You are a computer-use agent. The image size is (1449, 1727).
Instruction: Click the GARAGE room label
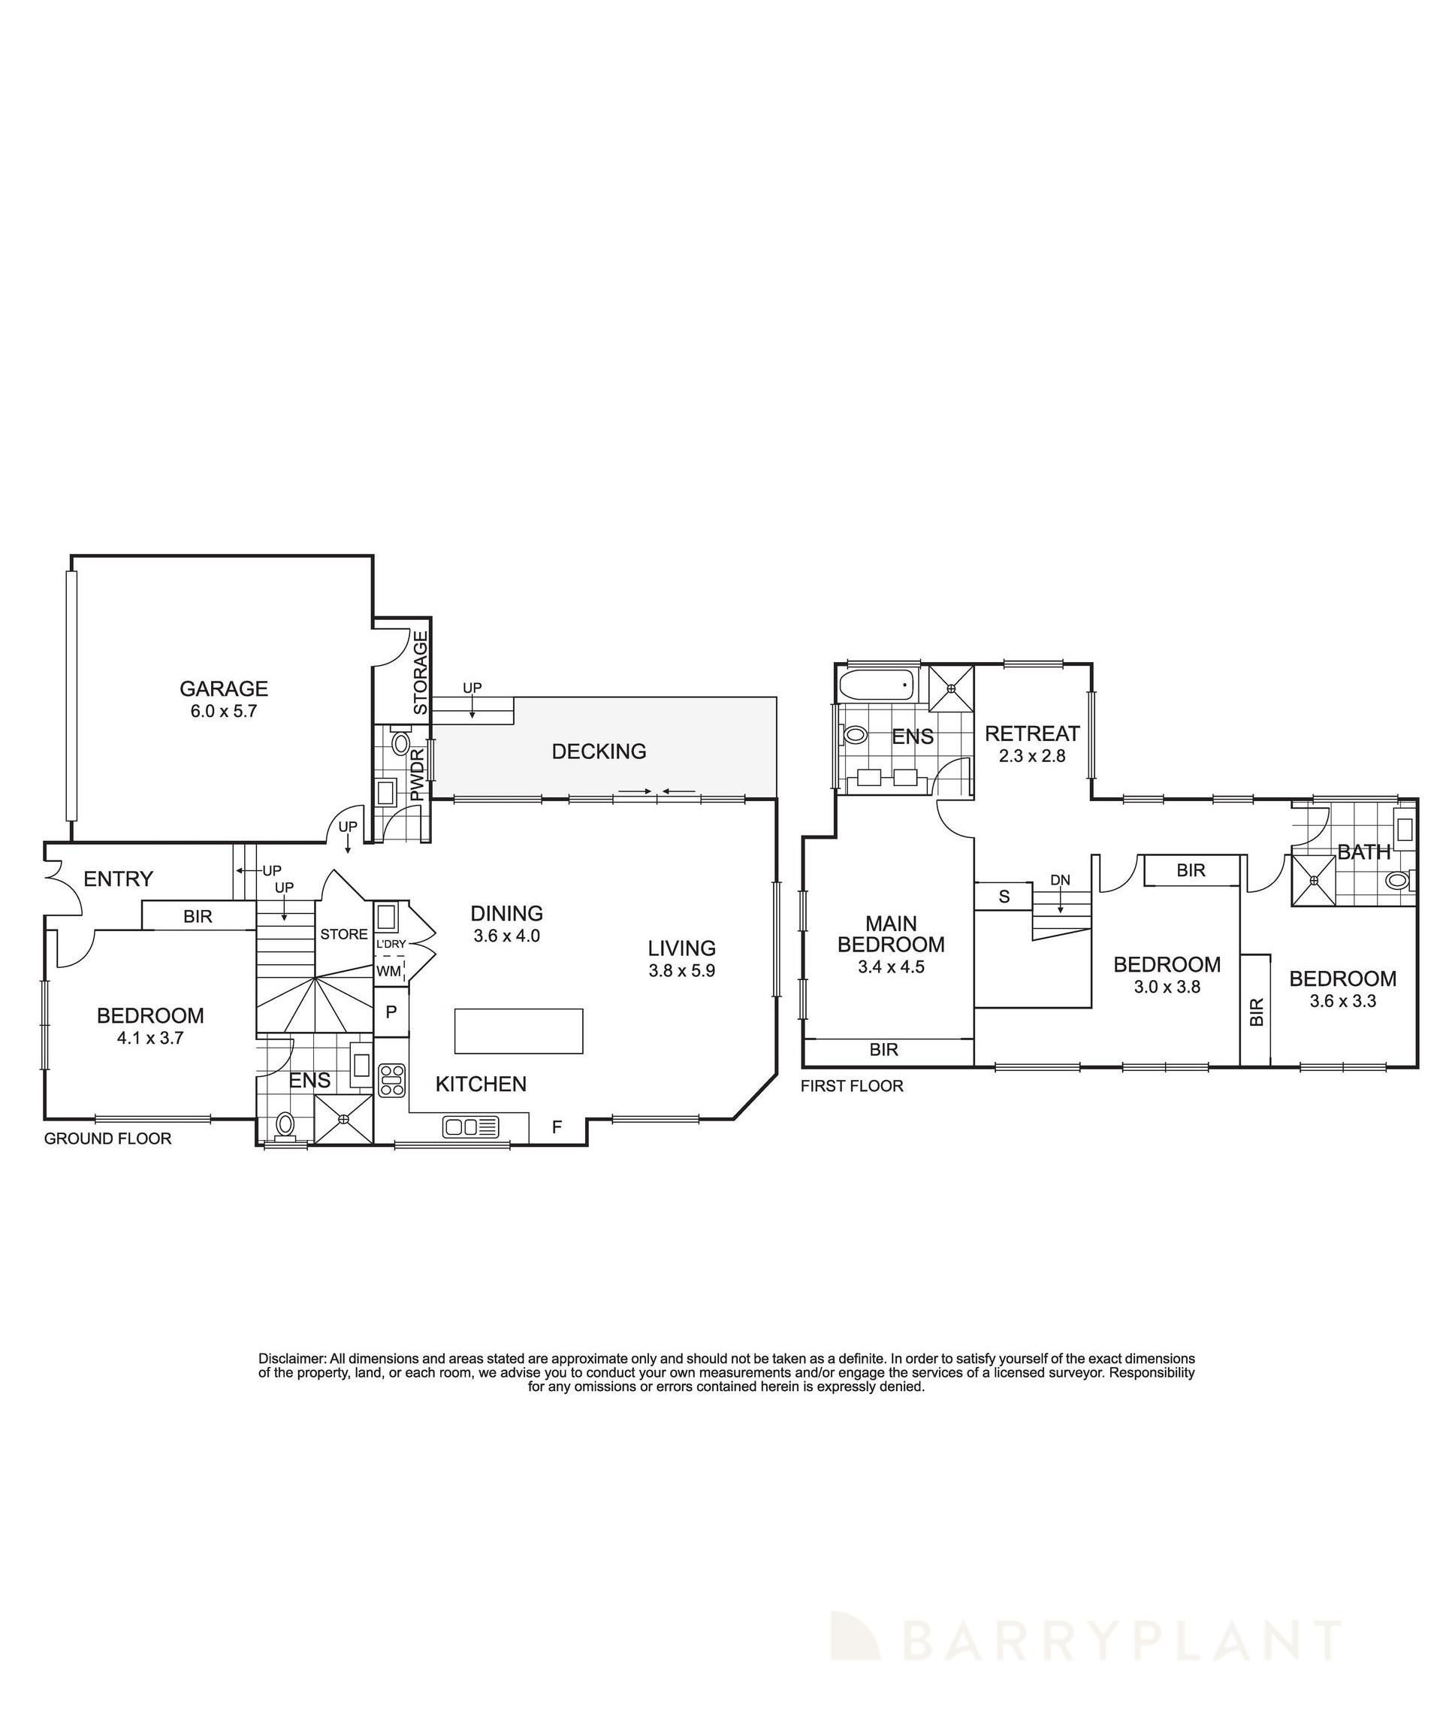pyautogui.click(x=224, y=688)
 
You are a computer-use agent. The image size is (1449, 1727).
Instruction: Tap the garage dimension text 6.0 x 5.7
pyautogui.click(x=224, y=712)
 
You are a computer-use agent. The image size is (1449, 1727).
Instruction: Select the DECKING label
pyautogui.click(x=599, y=751)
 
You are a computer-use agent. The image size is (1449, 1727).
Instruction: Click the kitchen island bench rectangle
pyautogui.click(x=518, y=1030)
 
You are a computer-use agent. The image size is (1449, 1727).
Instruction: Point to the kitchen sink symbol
pyautogui.click(x=470, y=1127)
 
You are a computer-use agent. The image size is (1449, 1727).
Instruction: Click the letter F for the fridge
pyautogui.click(x=557, y=1127)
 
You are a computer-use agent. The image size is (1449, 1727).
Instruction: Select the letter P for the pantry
pyautogui.click(x=391, y=1011)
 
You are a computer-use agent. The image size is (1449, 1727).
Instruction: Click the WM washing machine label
pyautogui.click(x=389, y=971)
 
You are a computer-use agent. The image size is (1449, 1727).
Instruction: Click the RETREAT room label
pyautogui.click(x=1032, y=733)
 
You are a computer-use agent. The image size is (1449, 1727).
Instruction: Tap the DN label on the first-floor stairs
pyautogui.click(x=1060, y=880)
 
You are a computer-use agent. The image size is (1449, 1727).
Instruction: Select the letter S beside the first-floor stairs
pyautogui.click(x=1004, y=897)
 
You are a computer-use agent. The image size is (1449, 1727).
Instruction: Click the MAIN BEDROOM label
pyautogui.click(x=891, y=934)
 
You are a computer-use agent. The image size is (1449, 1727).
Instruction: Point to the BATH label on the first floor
pyautogui.click(x=1364, y=852)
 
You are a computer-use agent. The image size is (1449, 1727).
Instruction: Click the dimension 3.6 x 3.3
pyautogui.click(x=1342, y=1001)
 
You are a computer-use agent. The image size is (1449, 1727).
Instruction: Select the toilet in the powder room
pyautogui.click(x=401, y=743)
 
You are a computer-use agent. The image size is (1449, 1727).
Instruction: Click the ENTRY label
pyautogui.click(x=119, y=879)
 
